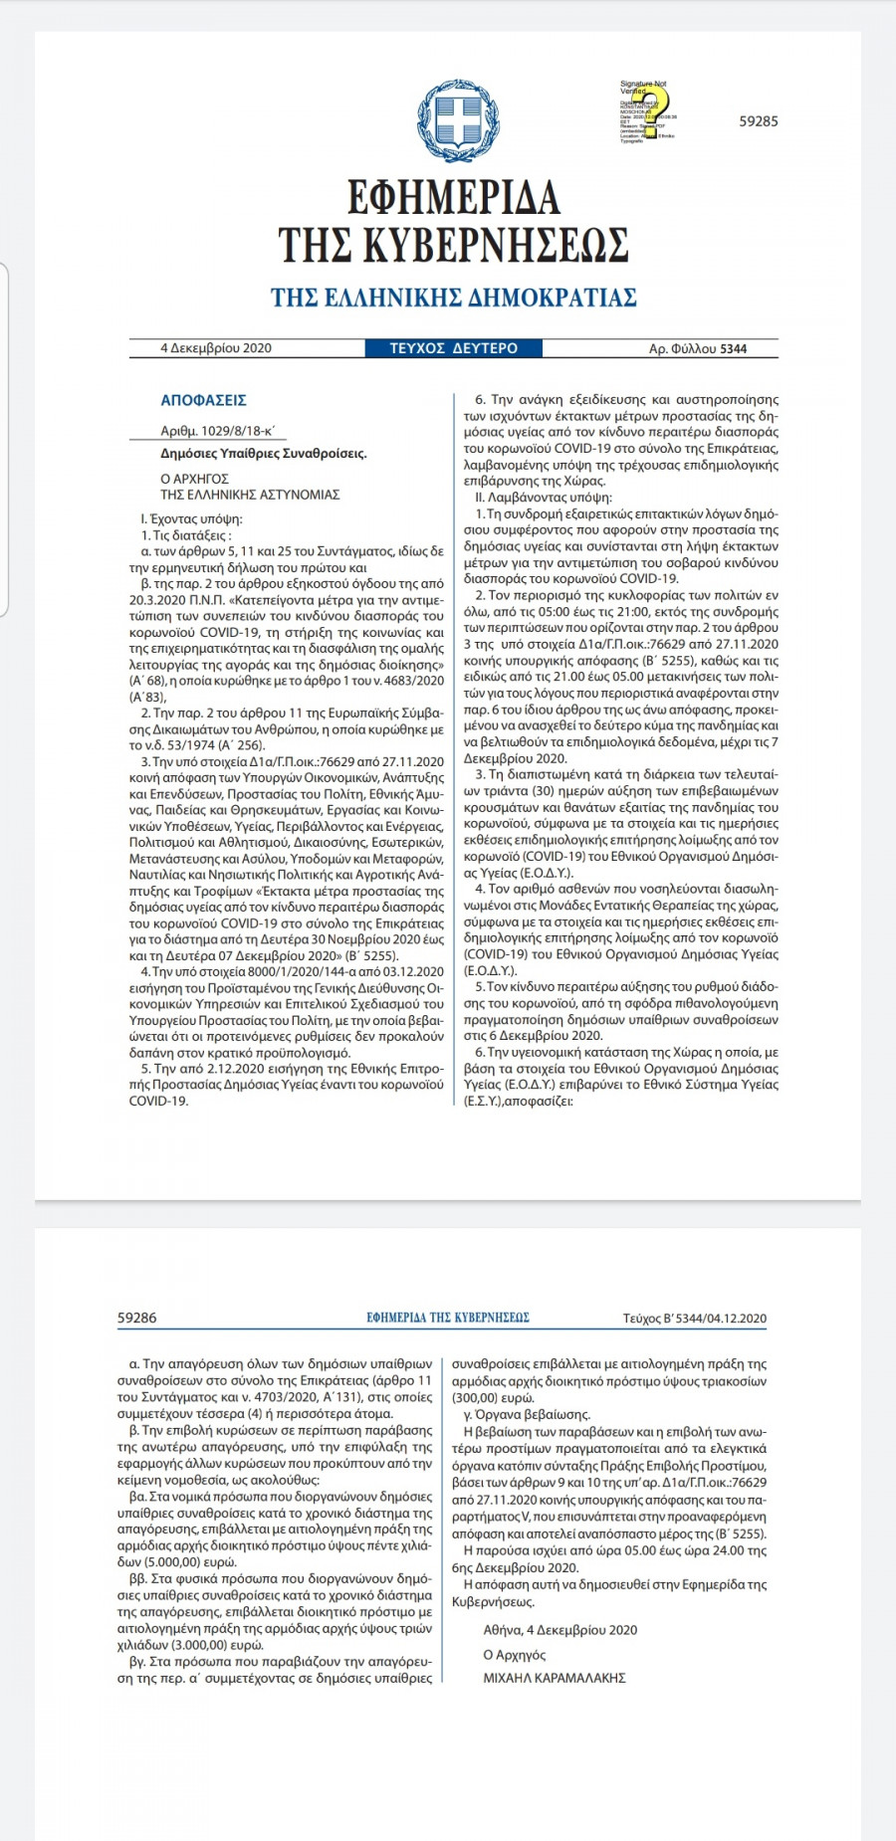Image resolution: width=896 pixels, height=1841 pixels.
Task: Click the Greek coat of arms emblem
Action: tap(458, 119)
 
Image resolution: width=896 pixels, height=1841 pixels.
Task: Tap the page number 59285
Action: tap(759, 121)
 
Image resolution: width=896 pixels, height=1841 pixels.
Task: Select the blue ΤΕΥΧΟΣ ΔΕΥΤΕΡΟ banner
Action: tap(454, 348)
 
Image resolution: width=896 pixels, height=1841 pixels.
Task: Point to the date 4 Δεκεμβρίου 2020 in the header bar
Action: tap(216, 348)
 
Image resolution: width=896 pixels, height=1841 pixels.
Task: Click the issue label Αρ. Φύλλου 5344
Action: tap(698, 348)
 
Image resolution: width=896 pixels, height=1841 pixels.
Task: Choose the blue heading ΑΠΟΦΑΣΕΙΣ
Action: tap(203, 400)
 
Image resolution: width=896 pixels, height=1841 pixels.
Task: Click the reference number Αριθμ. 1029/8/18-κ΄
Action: tap(218, 431)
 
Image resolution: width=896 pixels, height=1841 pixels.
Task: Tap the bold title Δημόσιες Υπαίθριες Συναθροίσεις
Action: tap(264, 453)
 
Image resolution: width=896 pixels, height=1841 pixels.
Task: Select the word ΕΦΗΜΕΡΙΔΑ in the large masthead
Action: tap(454, 197)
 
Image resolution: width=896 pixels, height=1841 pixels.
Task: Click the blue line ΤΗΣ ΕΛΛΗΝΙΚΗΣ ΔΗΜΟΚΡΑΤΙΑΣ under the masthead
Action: tap(454, 298)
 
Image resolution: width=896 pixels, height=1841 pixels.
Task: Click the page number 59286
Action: tap(137, 1318)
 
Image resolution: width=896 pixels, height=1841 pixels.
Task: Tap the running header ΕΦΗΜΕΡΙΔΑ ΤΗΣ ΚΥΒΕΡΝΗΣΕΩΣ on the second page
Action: tap(448, 1318)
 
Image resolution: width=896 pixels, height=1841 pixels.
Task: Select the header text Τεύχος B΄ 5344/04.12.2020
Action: tap(695, 1319)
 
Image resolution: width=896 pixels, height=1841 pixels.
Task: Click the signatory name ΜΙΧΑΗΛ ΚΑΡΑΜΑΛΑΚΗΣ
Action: tap(555, 1677)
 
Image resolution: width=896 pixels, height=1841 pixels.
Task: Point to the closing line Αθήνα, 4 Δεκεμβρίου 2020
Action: tap(560, 1630)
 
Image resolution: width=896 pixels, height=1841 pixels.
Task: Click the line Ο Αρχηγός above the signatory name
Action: tap(515, 1654)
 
